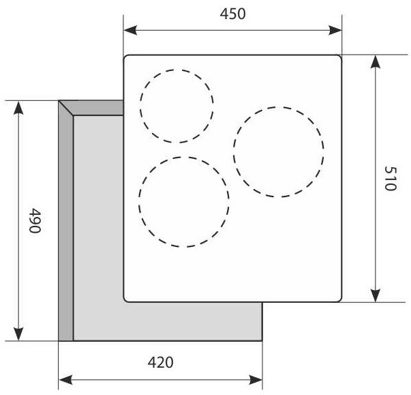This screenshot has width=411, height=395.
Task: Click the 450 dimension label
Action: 232,14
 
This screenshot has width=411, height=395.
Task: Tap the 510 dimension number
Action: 391,178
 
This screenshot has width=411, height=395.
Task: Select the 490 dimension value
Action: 35,220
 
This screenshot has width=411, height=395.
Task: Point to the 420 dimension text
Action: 160,362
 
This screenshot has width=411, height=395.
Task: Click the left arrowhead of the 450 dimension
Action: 130,30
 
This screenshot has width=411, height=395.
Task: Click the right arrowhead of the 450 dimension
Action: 335,30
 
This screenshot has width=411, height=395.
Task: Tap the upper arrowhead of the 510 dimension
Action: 376,62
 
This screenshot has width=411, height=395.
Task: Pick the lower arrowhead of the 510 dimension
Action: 376,295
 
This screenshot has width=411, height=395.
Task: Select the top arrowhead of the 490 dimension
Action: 18,108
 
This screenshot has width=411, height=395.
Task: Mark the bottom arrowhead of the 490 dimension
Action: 18,334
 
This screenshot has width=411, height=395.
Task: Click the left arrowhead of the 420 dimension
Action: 65,379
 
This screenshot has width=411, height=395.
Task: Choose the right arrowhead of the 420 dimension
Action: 256,379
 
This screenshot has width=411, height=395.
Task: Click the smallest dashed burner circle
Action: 177,106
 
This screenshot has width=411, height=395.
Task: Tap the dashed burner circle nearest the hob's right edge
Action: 279,152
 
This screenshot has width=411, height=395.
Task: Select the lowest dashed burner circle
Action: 184,202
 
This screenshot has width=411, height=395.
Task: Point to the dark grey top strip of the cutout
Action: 94,108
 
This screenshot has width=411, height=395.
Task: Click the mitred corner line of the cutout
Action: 66,108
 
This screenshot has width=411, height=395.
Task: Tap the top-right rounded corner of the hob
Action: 339,57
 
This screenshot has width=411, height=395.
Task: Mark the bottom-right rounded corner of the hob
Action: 339,299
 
